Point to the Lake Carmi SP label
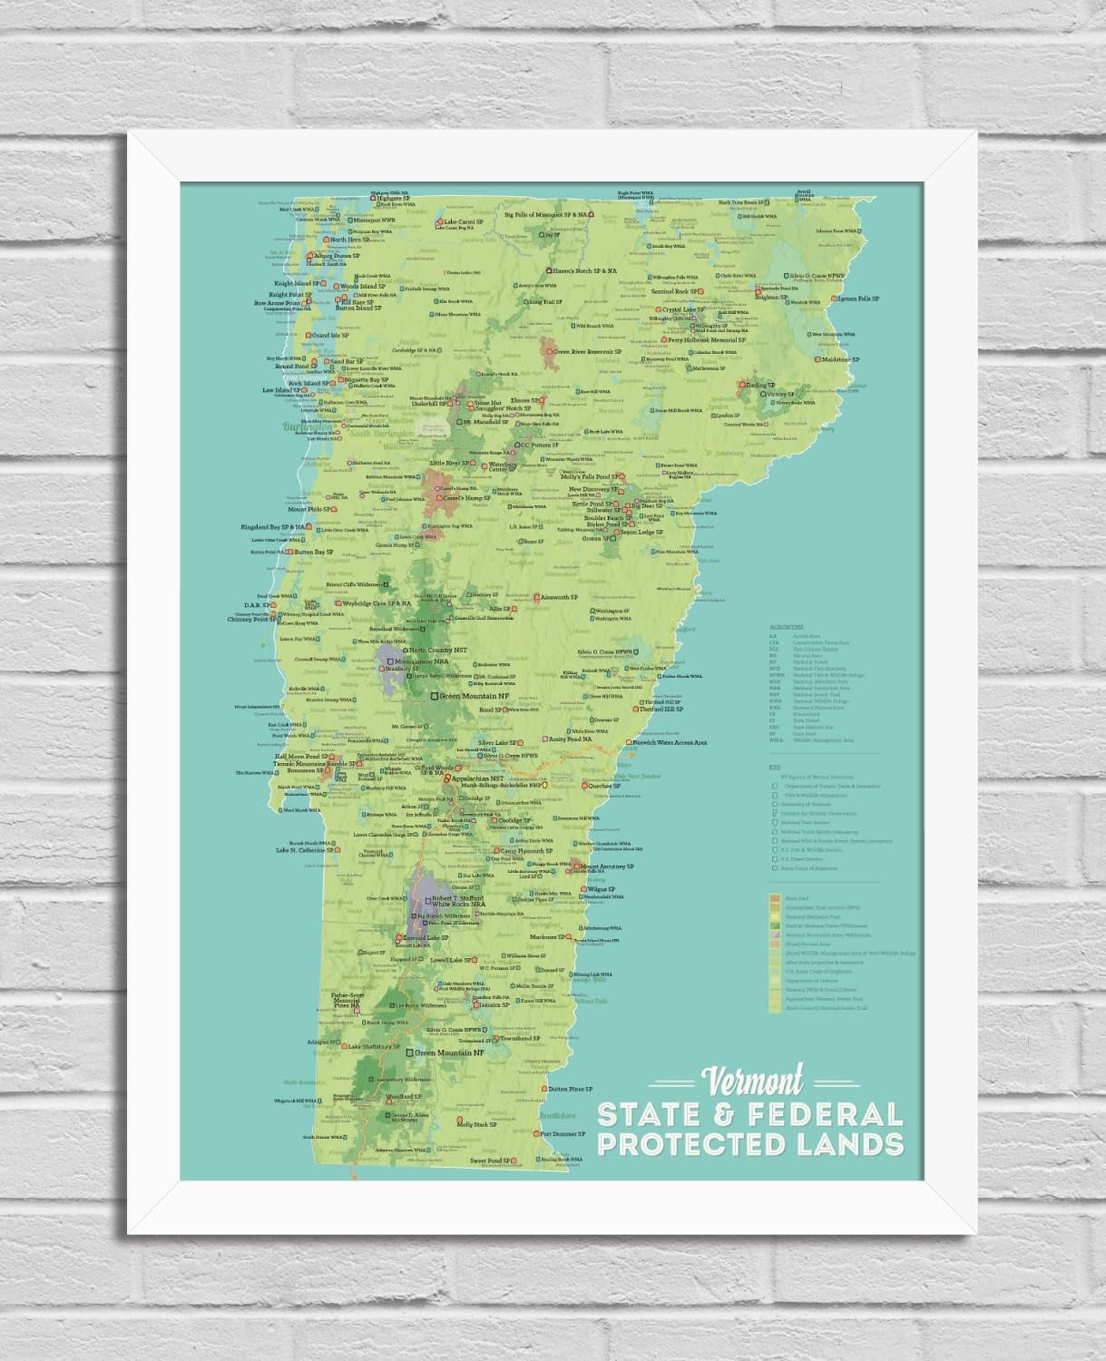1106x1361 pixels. click(x=463, y=221)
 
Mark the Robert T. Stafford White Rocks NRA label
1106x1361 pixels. click(x=465, y=900)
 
